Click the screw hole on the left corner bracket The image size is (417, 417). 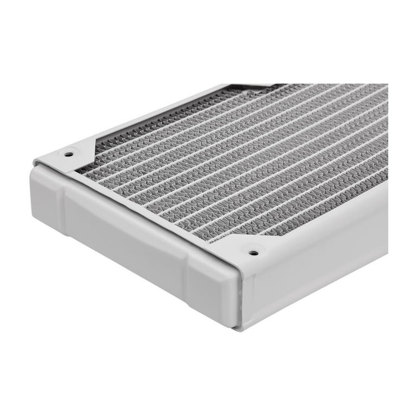pos(68,154)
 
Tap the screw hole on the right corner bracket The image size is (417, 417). pos(252,252)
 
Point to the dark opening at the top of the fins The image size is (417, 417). pos(255,87)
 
